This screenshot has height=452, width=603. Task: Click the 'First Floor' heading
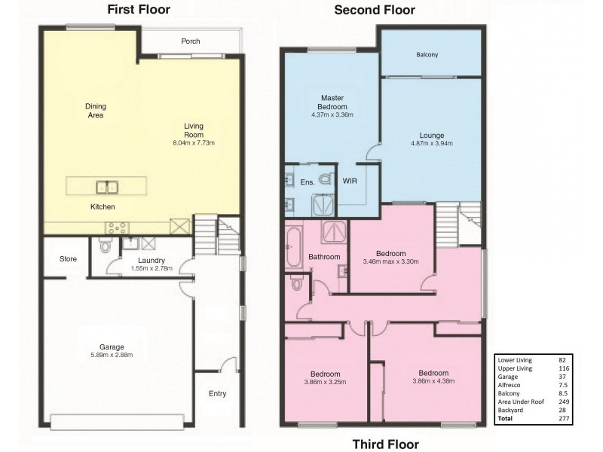138,10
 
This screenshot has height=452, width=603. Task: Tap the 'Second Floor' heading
374,10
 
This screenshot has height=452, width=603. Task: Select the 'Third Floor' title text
386,444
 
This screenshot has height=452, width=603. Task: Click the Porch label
191,41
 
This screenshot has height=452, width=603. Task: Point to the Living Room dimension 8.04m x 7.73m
194,142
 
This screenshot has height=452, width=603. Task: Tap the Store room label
69,259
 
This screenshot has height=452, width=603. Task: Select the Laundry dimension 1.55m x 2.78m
151,268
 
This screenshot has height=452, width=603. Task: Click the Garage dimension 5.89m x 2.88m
111,356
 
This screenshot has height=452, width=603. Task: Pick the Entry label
217,394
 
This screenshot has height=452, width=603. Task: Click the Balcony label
427,55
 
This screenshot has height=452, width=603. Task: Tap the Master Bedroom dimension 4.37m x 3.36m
332,115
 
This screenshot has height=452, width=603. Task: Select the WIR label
350,182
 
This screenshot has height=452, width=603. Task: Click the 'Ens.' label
308,182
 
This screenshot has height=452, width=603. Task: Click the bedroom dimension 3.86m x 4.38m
433,382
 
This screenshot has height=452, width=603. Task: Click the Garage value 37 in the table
562,377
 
